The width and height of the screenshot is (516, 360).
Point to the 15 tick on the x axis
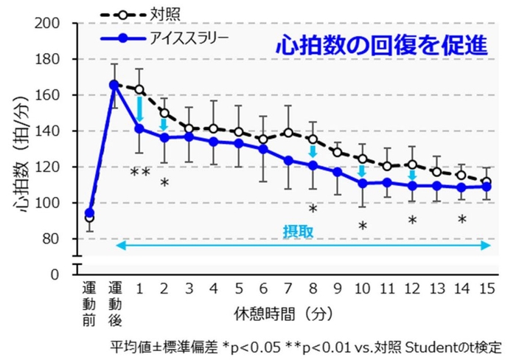pos(486,286)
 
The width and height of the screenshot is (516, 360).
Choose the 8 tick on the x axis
pos(313,286)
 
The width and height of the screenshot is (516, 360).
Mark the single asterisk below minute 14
pos(461,220)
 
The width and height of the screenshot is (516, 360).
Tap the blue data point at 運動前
pos(90,212)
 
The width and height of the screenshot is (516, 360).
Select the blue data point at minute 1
pos(139,128)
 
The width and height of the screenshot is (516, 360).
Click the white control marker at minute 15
pos(486,181)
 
